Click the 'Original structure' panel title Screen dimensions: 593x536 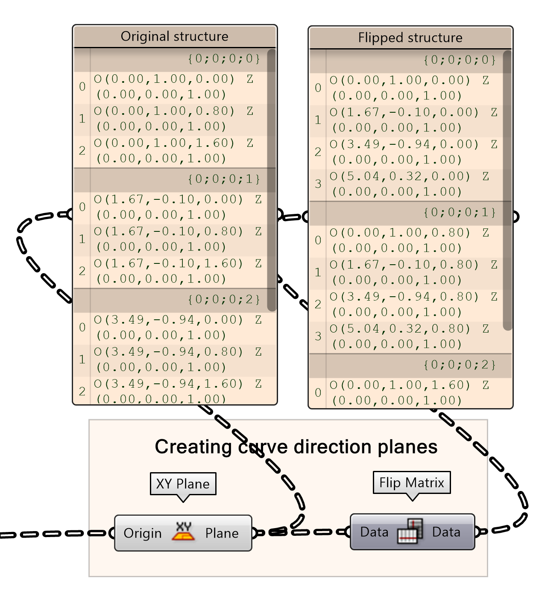174,36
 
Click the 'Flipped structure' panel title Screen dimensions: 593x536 410,38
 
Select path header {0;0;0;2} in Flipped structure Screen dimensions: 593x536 459,365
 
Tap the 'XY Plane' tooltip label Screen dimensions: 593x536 183,484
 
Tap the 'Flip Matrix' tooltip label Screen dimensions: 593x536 411,482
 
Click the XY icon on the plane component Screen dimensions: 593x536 183,532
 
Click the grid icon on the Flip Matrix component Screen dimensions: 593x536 410,532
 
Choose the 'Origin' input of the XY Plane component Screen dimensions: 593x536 143,533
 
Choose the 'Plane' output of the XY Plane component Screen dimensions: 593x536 222,533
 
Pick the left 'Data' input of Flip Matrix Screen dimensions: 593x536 374,532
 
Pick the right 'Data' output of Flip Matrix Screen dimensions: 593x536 446,532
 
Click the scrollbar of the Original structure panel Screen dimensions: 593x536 271,179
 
